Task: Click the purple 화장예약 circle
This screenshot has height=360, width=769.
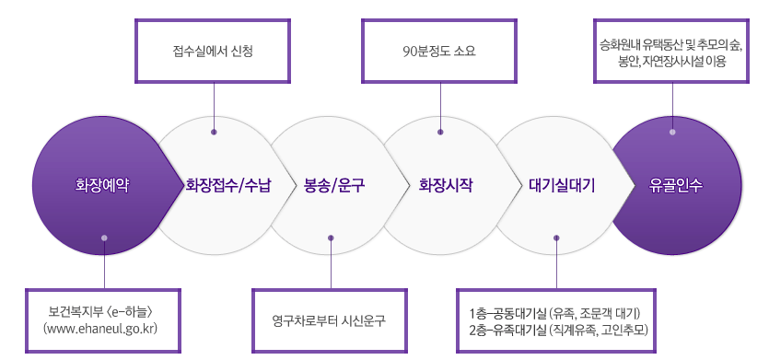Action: [103, 185]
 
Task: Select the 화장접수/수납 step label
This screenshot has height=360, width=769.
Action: [228, 185]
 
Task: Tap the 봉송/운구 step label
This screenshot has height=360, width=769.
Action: [334, 185]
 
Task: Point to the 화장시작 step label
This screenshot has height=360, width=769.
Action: [446, 185]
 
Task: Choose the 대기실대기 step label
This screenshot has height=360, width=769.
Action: [562, 185]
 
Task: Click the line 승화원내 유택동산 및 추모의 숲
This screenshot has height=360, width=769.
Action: [671, 42]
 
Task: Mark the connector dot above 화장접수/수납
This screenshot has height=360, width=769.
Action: [214, 132]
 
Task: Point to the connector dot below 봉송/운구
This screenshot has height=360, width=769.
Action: [330, 238]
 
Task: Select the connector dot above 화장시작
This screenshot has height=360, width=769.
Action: [439, 132]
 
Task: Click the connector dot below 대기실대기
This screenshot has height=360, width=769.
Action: [556, 238]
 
